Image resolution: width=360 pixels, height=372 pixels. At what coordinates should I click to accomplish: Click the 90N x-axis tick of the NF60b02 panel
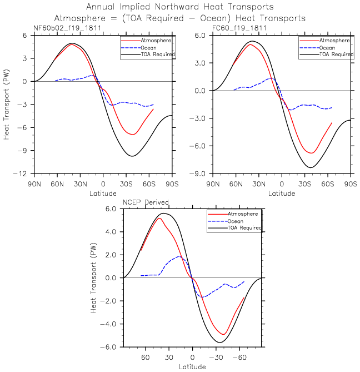(x=34, y=183)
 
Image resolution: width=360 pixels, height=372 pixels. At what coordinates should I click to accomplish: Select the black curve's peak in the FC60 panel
(x=252, y=41)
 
